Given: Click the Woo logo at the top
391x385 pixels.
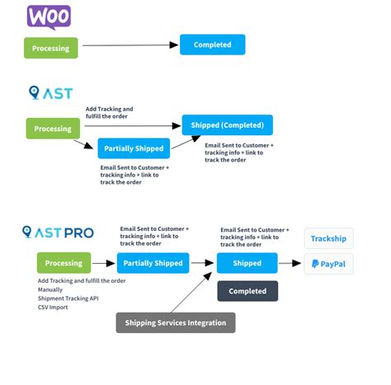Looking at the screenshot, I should point(49,16).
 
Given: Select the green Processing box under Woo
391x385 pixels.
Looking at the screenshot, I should point(51,48).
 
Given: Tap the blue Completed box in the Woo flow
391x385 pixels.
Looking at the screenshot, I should point(212,45).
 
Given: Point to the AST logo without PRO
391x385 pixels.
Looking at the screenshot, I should point(49,93).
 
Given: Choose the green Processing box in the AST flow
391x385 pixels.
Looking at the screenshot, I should point(51,129).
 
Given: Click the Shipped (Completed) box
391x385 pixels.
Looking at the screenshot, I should point(227,125).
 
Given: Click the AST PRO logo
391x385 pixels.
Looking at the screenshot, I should point(58,233).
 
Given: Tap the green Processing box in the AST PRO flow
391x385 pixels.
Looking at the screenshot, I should point(64,263).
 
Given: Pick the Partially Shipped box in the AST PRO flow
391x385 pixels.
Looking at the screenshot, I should point(153,263).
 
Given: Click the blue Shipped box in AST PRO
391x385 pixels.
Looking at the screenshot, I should point(247,263).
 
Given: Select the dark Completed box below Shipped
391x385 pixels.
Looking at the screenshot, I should point(247,291).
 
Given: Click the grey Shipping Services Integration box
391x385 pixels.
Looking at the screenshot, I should point(176,322).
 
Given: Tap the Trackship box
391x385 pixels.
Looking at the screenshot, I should point(328,239).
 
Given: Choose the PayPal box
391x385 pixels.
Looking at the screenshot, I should point(328,264).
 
